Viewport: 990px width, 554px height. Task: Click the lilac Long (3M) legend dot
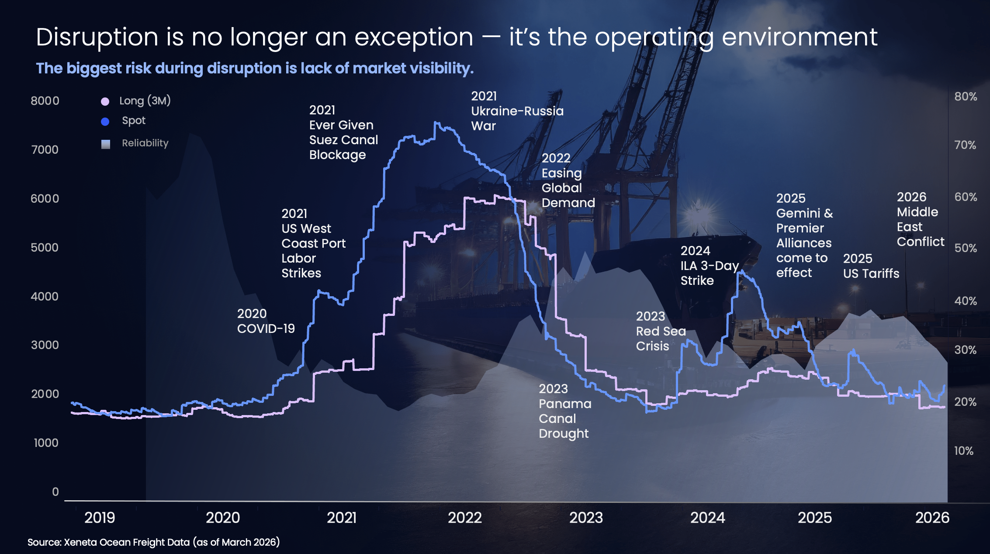(105, 101)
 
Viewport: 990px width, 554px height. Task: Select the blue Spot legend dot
(105, 121)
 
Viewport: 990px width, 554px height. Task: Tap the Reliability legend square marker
(105, 144)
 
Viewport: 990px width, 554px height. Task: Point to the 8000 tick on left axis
(45, 101)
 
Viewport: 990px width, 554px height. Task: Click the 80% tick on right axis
(966, 97)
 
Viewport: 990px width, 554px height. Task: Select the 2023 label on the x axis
(586, 518)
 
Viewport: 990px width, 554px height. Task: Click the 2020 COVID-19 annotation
(266, 321)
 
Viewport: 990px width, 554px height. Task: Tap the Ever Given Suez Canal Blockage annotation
(343, 132)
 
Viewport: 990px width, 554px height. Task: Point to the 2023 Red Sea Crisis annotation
(661, 331)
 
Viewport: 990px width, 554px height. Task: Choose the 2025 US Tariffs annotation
(871, 266)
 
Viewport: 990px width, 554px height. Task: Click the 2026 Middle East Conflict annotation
(920, 219)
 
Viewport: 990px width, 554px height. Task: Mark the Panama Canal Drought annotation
(564, 411)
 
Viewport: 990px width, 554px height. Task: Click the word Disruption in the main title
(97, 37)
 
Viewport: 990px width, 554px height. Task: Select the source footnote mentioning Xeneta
(153, 542)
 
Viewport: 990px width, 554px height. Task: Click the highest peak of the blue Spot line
(436, 123)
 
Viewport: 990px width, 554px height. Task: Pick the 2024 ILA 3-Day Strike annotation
(709, 266)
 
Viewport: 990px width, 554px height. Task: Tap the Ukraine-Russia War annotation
(517, 111)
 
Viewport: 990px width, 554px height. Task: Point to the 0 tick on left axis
(55, 492)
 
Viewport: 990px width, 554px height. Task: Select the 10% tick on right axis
(963, 451)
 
